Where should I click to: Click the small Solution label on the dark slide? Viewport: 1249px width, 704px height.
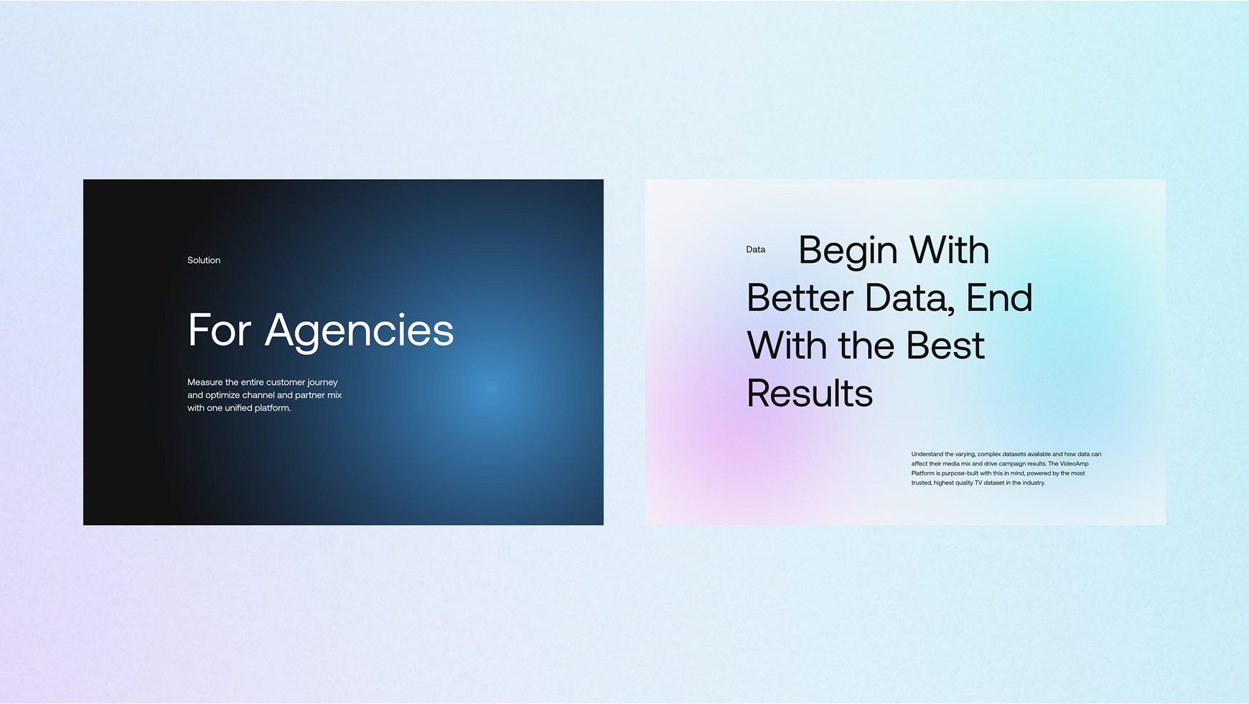[x=204, y=260]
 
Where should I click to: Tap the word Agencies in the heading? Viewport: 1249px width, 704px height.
[x=359, y=331]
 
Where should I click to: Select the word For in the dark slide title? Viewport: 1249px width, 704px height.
[x=220, y=330]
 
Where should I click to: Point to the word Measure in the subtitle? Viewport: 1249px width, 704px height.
[x=205, y=382]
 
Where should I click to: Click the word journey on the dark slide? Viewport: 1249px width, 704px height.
[x=322, y=383]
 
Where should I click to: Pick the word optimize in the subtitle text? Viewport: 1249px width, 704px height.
[x=223, y=395]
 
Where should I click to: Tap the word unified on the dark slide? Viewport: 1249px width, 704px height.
[x=238, y=408]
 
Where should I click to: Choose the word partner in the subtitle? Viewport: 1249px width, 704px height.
[x=310, y=396]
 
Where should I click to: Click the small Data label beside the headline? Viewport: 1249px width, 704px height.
[x=756, y=249]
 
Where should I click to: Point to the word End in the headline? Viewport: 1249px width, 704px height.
[x=999, y=298]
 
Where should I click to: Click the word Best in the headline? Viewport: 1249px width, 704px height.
[x=945, y=346]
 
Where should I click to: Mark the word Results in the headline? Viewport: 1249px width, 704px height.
[x=810, y=394]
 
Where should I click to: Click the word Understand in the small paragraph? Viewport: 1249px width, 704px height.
[x=927, y=454]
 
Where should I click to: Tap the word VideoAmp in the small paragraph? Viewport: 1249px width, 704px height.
[x=1075, y=464]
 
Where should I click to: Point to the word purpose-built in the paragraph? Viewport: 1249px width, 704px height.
[x=960, y=473]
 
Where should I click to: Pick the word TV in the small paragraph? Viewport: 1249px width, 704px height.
[x=978, y=483]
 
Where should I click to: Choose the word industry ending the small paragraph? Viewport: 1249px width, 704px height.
[x=1034, y=483]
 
